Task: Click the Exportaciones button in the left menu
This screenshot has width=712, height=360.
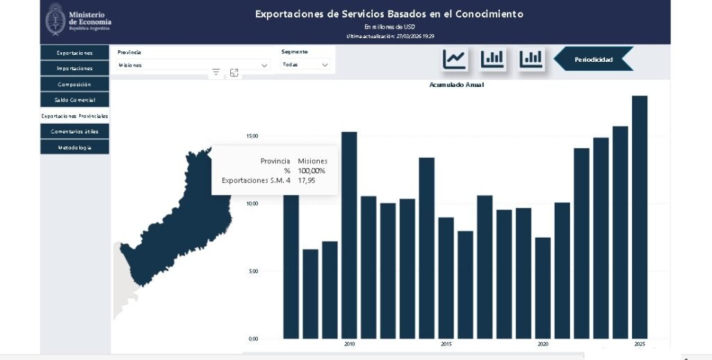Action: pyautogui.click(x=74, y=53)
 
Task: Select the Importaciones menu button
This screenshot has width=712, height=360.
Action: pyautogui.click(x=74, y=68)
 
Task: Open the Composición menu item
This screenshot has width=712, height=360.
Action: pyautogui.click(x=74, y=84)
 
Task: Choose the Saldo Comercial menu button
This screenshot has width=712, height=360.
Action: pyautogui.click(x=74, y=100)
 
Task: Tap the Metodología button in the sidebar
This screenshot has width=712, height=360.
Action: pyautogui.click(x=74, y=147)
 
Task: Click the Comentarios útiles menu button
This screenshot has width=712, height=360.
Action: pyautogui.click(x=74, y=131)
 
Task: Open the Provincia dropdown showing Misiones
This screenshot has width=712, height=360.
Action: pyautogui.click(x=193, y=65)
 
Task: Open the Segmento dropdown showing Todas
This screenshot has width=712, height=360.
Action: pyautogui.click(x=305, y=65)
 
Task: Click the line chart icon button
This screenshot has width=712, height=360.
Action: pyautogui.click(x=455, y=59)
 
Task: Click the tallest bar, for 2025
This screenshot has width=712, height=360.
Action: pyautogui.click(x=640, y=216)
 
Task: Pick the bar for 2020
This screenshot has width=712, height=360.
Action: pyautogui.click(x=543, y=288)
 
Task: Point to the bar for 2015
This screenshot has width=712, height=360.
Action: pyautogui.click(x=446, y=277)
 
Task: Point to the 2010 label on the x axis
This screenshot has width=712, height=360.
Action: pyautogui.click(x=349, y=343)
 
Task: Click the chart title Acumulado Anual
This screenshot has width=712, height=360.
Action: pyautogui.click(x=456, y=85)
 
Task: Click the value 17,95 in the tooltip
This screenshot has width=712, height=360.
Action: pyautogui.click(x=307, y=180)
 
